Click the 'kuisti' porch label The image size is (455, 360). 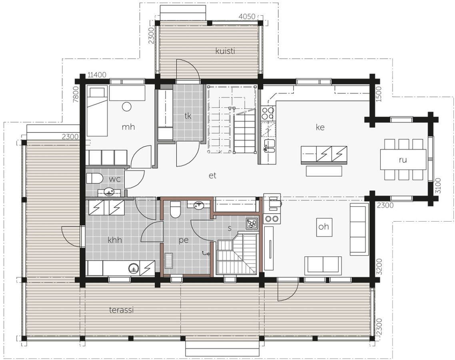[x=225, y=51]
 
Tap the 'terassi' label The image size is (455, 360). [x=121, y=310]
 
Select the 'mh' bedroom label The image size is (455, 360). [x=128, y=127]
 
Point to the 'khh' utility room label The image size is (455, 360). [x=115, y=240]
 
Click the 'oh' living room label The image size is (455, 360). [x=323, y=226]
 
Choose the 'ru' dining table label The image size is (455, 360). [x=403, y=159]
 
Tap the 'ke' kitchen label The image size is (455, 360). [x=320, y=127]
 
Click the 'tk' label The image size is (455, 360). [x=188, y=116]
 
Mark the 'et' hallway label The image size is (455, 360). [x=212, y=175]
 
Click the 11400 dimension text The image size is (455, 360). [x=97, y=75]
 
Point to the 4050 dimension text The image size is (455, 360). [x=247, y=16]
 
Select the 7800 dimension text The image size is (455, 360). [x=76, y=95]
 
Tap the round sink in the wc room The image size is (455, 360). [x=109, y=192]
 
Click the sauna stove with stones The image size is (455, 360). [x=251, y=223]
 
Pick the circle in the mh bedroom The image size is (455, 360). [x=126, y=107]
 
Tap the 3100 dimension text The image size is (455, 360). [x=438, y=186]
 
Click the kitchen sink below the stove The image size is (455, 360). [x=268, y=146]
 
